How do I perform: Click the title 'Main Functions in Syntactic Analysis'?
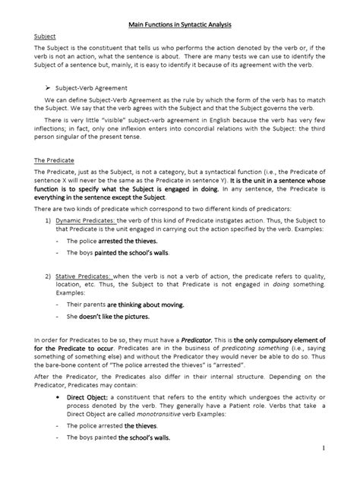coord(179,19)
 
